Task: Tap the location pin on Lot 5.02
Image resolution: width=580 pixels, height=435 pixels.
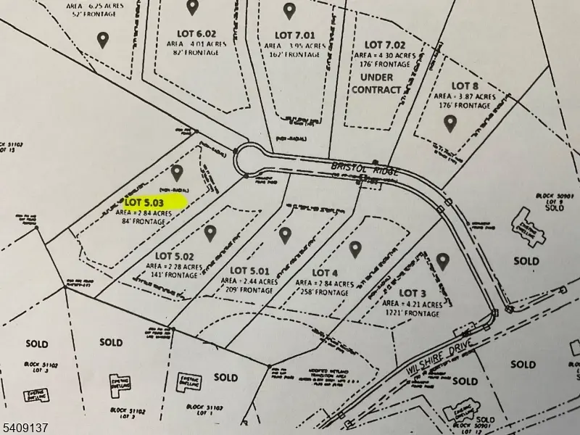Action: [210, 233]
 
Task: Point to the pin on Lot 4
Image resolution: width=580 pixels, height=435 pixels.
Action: [355, 249]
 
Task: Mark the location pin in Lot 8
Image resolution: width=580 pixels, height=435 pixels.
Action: [450, 124]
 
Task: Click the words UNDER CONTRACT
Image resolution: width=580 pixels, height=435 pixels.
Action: [376, 83]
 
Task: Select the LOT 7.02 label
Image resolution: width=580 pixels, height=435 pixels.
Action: [383, 46]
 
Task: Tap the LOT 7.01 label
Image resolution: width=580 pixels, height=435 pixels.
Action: [294, 35]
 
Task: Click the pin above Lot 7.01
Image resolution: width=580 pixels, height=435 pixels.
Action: [289, 10]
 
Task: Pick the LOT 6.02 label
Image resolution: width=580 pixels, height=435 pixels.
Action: [196, 33]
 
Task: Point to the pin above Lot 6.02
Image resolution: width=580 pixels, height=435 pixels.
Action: [192, 7]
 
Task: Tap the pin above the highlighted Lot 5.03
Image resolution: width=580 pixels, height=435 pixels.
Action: [178, 173]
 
